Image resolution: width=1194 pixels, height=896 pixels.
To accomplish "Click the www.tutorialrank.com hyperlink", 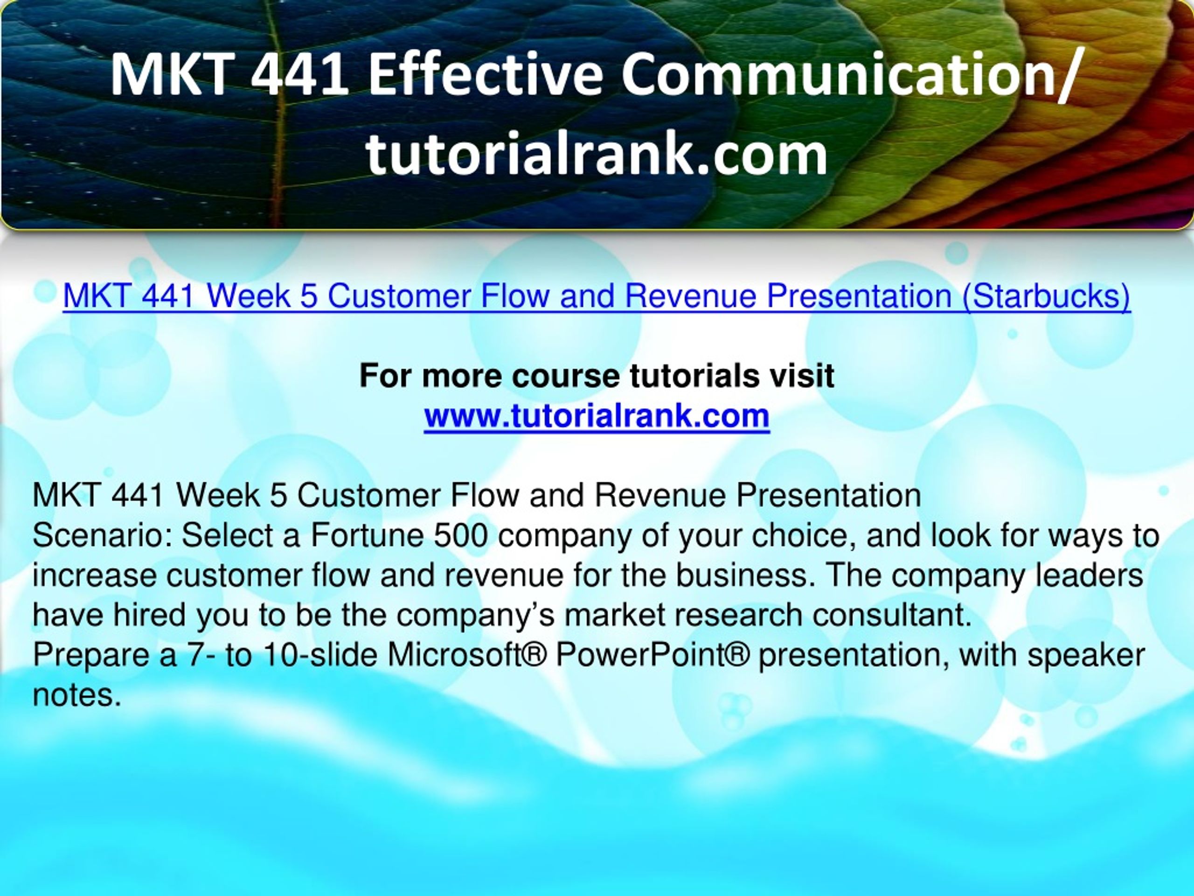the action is pos(597,416).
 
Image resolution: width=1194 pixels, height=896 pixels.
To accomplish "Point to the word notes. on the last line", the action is pos(76,695).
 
